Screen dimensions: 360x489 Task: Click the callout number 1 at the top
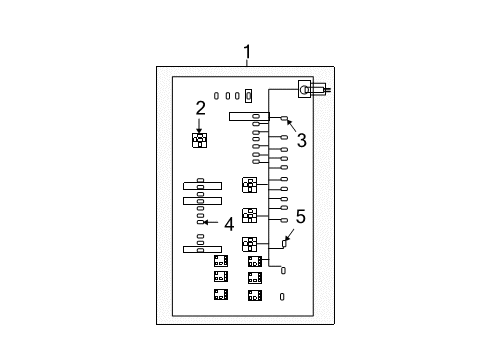[x=247, y=52]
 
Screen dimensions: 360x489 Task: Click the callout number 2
[x=200, y=108]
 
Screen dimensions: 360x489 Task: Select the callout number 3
[x=301, y=141]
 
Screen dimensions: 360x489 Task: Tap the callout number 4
[x=229, y=224]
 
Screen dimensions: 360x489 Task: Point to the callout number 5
[x=300, y=243]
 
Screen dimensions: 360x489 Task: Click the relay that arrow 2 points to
[x=199, y=140]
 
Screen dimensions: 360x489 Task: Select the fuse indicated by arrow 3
[x=284, y=120]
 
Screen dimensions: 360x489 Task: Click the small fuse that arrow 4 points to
[x=201, y=222]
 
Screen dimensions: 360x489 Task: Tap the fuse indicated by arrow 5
[x=284, y=270]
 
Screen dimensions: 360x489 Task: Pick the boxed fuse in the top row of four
[x=249, y=96]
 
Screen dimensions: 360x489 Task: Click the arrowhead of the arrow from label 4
[x=206, y=222]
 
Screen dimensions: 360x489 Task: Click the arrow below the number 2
[x=200, y=126]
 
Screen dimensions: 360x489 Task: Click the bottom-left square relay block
[x=221, y=294]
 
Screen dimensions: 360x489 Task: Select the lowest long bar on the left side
[x=202, y=248]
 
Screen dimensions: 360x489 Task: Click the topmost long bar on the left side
[x=202, y=186]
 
